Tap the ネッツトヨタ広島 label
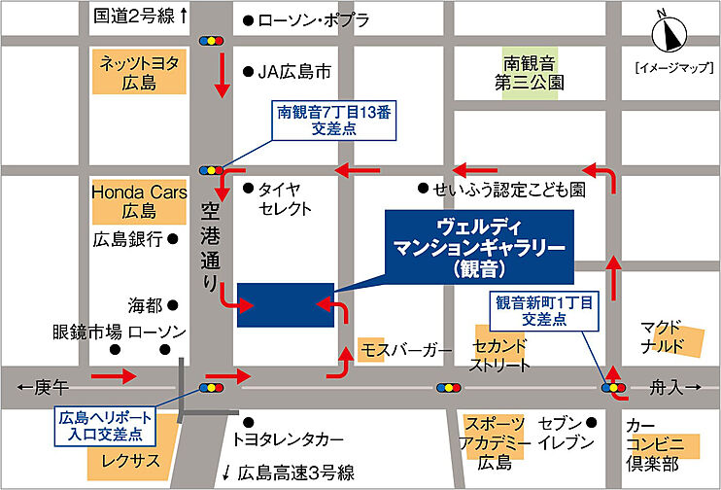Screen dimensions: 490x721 (140, 73)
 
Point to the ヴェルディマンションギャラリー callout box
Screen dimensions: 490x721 (480, 249)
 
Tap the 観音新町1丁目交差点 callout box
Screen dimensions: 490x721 (544, 310)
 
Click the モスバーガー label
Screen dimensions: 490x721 (406, 348)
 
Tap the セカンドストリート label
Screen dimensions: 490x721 (500, 356)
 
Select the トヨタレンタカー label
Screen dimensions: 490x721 (289, 437)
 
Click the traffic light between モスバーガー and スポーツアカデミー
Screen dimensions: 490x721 (448, 387)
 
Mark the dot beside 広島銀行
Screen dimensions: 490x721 (173, 237)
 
